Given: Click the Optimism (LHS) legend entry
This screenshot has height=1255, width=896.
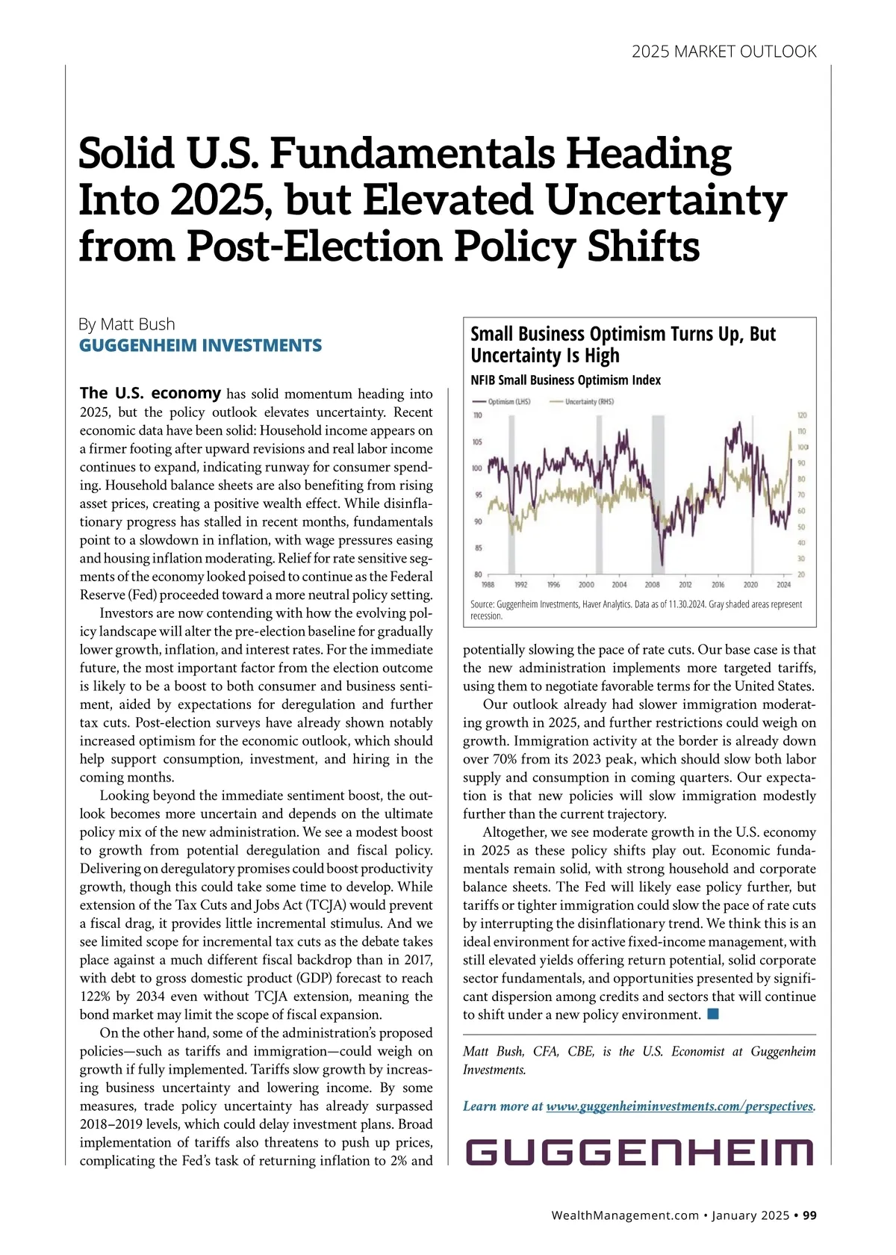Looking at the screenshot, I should [x=509, y=402].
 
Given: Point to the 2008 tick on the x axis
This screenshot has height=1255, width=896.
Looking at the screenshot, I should [x=652, y=585].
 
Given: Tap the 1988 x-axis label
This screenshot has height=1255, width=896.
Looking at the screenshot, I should [x=488, y=585].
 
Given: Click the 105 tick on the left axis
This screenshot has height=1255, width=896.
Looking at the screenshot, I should [x=477, y=441].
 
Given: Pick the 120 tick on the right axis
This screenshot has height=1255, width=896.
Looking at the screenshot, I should [x=802, y=415].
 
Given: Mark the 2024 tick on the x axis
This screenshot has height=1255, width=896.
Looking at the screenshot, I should [x=783, y=585].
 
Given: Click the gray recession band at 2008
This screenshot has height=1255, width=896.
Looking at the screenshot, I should [x=658, y=493].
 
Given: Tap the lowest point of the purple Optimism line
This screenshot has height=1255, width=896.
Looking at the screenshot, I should [x=662, y=565].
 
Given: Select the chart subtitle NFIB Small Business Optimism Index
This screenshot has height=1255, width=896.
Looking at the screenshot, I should [x=565, y=380].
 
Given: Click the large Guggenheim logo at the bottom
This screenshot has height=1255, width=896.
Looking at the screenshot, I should [x=639, y=1152].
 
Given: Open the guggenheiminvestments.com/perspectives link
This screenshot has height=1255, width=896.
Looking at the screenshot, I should [x=679, y=1106].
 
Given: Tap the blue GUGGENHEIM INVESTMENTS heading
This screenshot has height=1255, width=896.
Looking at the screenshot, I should [x=200, y=345].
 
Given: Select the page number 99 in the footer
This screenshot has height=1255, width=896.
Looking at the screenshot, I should [x=809, y=1215].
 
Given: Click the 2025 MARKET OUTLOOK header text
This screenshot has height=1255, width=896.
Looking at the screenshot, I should [x=724, y=52].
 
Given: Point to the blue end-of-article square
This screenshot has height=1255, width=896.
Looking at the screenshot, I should [x=712, y=1014].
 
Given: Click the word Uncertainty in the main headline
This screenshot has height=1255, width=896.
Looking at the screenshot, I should [x=666, y=200].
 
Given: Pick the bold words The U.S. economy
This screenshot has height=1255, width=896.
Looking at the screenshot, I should [x=150, y=393].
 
